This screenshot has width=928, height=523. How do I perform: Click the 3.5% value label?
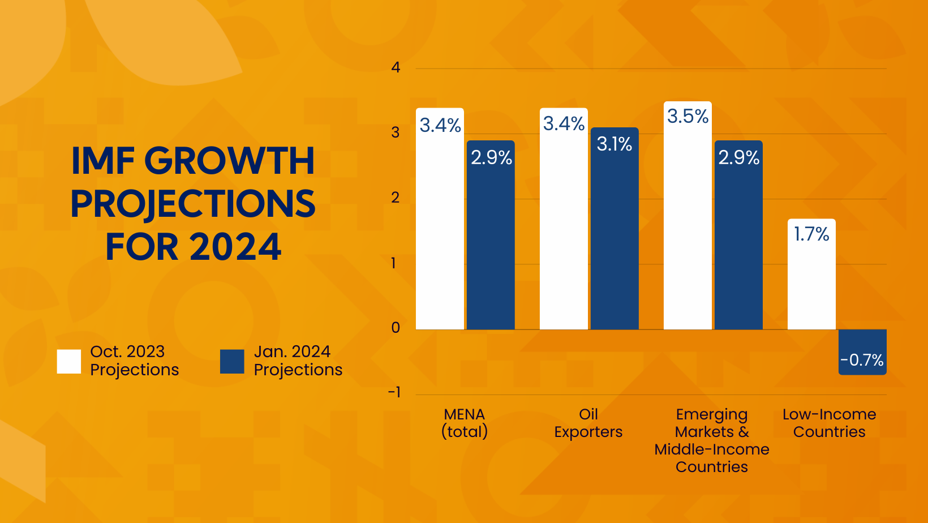coord(688,117)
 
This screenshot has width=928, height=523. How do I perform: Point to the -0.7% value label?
coord(862,360)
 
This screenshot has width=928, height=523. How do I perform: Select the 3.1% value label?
coord(615,144)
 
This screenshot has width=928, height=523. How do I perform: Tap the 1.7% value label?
coord(811,234)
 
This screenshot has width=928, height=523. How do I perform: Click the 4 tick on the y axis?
coord(396,68)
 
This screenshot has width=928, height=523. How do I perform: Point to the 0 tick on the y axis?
coord(396,328)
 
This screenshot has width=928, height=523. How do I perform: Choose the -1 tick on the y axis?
coord(394,392)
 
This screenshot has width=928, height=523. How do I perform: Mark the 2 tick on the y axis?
coord(396,198)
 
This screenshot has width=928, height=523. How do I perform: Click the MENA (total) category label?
coord(465,423)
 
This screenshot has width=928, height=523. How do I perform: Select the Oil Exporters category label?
coord(588,423)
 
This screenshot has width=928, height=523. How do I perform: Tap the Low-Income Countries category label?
coord(829,423)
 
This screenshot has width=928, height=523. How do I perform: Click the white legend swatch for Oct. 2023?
coord(69,362)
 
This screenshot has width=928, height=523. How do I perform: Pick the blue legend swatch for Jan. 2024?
coord(232,362)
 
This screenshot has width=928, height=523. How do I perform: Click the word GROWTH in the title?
coord(233,161)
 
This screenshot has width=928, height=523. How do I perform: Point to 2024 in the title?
coord(235,247)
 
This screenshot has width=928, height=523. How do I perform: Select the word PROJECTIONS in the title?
coord(193,204)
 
